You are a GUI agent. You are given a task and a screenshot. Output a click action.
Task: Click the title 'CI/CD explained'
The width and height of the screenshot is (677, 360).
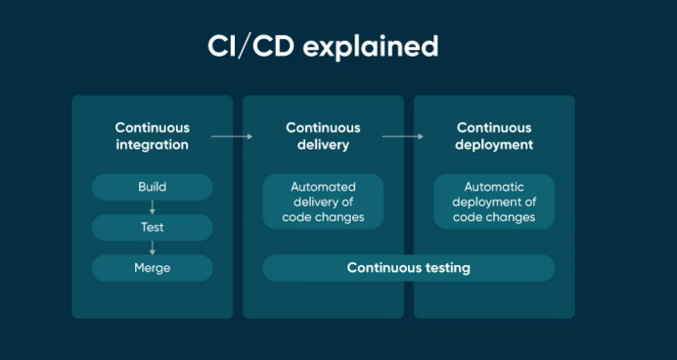point(322,47)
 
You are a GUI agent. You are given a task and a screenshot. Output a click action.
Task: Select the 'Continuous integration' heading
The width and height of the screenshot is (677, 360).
point(152,136)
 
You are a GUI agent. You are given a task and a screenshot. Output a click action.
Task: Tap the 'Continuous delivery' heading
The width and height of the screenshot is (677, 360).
point(323,136)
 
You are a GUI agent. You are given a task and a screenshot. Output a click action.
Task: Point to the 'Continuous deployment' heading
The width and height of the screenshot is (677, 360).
point(494,136)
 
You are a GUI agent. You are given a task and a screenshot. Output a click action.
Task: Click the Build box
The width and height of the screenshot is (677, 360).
point(152,187)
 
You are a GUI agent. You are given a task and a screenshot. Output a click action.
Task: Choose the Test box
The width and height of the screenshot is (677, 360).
point(152,227)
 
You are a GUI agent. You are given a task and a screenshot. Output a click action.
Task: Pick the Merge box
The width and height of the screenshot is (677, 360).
point(152,268)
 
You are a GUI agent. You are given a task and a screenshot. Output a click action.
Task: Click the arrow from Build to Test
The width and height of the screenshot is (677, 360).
point(152,206)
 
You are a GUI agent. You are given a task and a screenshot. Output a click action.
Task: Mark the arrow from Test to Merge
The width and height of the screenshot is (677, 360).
point(152,247)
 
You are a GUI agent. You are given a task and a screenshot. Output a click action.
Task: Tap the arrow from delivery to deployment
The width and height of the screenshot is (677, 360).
point(402,137)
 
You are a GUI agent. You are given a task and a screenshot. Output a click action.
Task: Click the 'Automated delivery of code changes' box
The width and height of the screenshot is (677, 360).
point(323,202)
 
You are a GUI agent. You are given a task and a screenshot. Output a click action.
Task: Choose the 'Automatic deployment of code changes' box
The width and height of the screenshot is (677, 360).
point(494,202)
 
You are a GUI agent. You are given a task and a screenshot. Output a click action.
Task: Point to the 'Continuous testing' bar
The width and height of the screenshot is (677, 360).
point(409,268)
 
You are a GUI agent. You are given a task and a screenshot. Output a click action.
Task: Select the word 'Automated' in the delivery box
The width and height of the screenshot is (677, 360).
point(323,187)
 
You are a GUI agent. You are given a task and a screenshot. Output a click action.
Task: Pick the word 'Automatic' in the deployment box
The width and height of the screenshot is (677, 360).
point(494,187)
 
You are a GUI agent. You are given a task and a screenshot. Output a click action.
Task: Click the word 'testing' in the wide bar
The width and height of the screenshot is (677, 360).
point(446,268)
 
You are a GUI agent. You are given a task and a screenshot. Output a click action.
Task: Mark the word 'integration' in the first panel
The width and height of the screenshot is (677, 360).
point(152,145)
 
